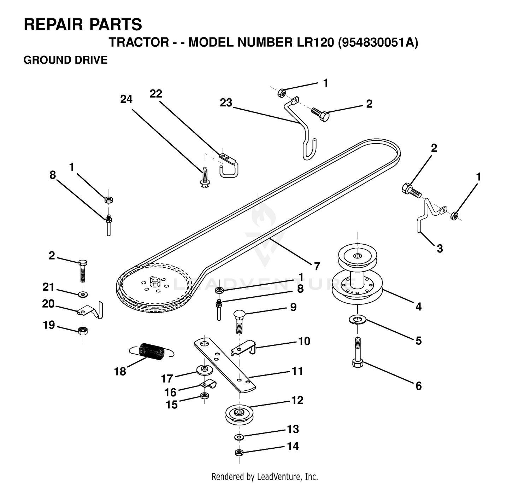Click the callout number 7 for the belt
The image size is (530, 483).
tap(317, 266)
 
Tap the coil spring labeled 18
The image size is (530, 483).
tap(152, 351)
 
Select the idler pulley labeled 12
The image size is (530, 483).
tap(239, 414)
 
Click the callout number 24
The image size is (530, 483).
tap(126, 99)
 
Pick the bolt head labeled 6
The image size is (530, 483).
tap(358, 364)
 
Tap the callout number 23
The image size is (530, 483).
tap(226, 103)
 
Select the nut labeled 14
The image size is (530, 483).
tap(239, 453)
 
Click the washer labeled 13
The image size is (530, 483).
tap(239, 437)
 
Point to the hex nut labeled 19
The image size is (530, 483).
tap(83, 331)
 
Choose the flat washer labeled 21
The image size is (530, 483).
tap(83, 294)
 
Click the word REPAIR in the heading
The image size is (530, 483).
tap(54, 24)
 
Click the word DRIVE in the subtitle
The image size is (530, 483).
tap(92, 60)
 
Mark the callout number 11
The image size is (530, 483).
tap(297, 371)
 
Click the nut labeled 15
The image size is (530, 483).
tap(204, 395)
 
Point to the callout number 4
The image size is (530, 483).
tap(418, 307)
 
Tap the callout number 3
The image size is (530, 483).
tap(440, 249)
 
